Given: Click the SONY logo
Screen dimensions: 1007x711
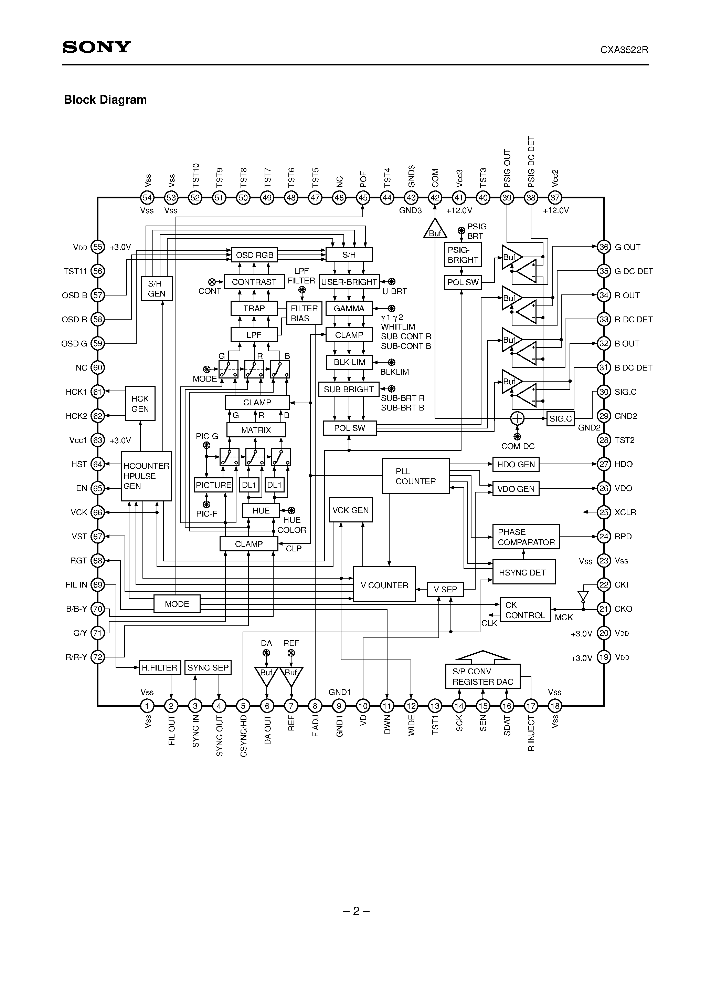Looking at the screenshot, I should (x=96, y=47).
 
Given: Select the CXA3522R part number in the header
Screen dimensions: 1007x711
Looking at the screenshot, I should (x=624, y=50).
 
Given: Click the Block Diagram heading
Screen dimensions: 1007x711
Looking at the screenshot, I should (x=105, y=100).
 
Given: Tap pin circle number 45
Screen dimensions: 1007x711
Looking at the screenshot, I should (x=363, y=198).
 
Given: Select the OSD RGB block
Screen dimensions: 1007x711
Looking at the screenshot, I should (x=254, y=255).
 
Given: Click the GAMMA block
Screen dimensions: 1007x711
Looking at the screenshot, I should (x=349, y=308).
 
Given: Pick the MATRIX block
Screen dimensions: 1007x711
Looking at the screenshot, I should (x=256, y=430).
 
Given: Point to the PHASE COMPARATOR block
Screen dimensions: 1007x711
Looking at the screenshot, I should (x=526, y=537).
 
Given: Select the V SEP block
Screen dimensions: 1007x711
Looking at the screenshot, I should (x=445, y=590).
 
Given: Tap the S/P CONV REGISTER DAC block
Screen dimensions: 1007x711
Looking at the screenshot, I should (x=482, y=676).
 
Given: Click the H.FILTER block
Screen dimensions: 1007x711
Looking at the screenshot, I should (x=160, y=667).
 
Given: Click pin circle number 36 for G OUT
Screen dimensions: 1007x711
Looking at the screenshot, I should (x=604, y=247).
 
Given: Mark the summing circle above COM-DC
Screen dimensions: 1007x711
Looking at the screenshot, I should (x=517, y=418).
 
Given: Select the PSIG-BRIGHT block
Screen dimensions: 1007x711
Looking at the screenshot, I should (x=463, y=255).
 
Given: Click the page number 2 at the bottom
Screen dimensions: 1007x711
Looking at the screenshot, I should (x=356, y=911).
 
